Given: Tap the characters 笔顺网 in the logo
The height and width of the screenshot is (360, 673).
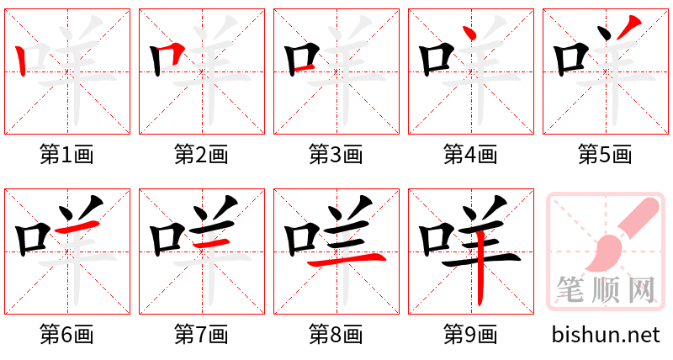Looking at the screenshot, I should pyautogui.click(x=605, y=290).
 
